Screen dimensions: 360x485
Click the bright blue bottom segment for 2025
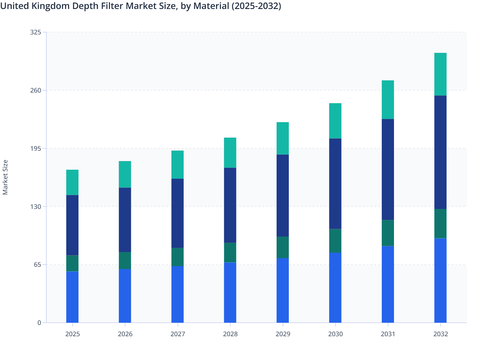pyautogui.click(x=72, y=297)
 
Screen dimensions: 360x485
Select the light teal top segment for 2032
pyautogui.click(x=440, y=74)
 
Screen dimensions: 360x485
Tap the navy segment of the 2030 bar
pyautogui.click(x=335, y=184)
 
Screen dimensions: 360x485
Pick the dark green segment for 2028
pyautogui.click(x=230, y=253)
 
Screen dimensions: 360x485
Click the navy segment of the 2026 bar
pyautogui.click(x=125, y=220)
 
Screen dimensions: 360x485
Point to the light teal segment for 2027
pyautogui.click(x=178, y=165)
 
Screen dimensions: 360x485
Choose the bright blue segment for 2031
pyautogui.click(x=388, y=284)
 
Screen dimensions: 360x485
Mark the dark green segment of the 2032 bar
pyautogui.click(x=440, y=224)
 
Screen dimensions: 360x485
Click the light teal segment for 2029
pyautogui.click(x=283, y=138)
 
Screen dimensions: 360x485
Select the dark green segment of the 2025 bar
pyautogui.click(x=72, y=263)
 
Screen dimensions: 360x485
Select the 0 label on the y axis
pyautogui.click(x=39, y=323)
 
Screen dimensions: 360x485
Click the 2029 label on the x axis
pyautogui.click(x=283, y=334)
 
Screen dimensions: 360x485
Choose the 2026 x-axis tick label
pyautogui.click(x=125, y=334)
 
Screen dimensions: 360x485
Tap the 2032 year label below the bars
pyautogui.click(x=440, y=334)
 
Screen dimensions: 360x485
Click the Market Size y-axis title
pyautogui.click(x=5, y=177)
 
